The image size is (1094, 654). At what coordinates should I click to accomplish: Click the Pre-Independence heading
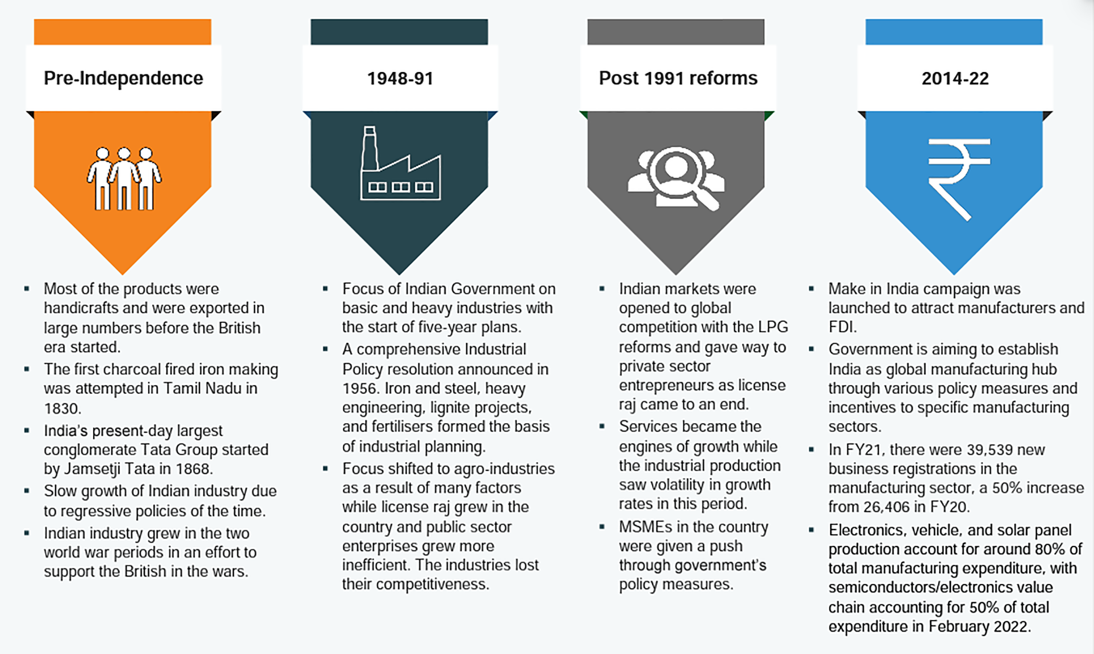click(123, 79)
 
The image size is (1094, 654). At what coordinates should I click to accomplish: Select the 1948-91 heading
click(400, 79)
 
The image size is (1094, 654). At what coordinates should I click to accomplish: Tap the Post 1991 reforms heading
click(678, 79)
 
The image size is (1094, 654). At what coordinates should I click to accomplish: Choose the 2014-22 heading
click(955, 79)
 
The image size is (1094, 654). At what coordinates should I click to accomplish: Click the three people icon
click(124, 179)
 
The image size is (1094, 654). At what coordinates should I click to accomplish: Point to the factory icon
click(400, 163)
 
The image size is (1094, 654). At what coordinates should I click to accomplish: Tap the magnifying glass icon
click(676, 178)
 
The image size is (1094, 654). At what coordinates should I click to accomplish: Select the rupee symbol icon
click(959, 180)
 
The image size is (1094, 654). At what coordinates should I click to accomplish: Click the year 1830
click(62, 408)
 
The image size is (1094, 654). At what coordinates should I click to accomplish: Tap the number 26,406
click(889, 507)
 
